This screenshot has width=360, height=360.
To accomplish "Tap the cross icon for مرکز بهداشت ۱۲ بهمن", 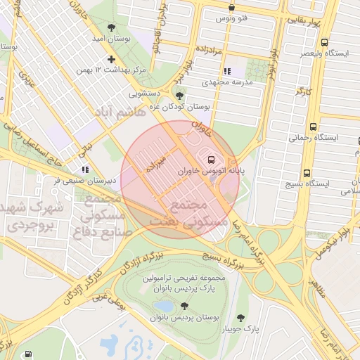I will click(x=110, y=60).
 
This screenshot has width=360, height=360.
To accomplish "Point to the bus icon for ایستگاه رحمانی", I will click(x=312, y=127).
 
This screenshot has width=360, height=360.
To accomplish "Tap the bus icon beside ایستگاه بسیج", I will click(x=306, y=173).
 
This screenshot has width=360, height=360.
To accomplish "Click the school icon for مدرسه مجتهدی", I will click(x=226, y=71).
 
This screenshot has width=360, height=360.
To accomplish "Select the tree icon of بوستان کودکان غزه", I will click(x=180, y=96).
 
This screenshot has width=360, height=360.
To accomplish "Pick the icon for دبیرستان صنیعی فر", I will click(x=85, y=169).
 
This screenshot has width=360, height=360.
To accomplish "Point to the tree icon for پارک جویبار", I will click(x=242, y=318).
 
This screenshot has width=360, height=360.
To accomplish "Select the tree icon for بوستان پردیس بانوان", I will click(x=184, y=306).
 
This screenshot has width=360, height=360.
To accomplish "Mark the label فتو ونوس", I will click(x=233, y=18).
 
